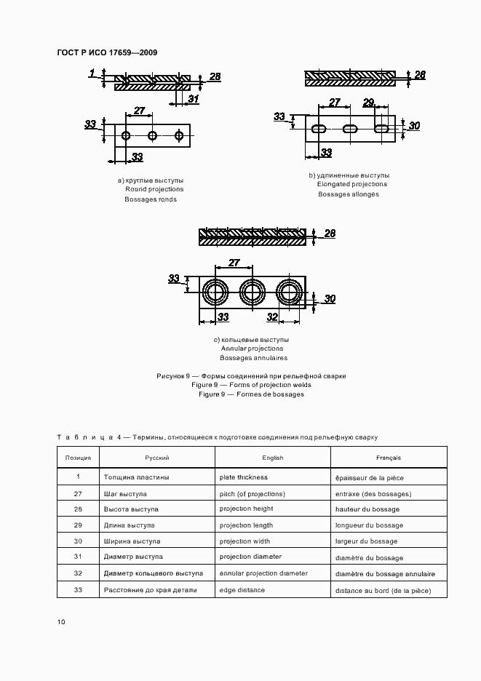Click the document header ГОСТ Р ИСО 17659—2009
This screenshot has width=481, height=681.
[x=107, y=53]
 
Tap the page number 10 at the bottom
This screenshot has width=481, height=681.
[x=61, y=621]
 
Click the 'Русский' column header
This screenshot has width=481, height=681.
[x=156, y=458]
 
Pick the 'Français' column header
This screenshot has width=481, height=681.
[x=388, y=458]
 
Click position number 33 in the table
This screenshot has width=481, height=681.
[x=78, y=590]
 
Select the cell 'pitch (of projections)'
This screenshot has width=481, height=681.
[x=252, y=493]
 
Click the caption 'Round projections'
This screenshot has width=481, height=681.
[x=154, y=189]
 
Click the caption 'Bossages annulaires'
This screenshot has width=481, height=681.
[x=253, y=358]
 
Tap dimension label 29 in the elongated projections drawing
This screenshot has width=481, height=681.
[x=368, y=103]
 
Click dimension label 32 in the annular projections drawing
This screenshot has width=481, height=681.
[x=272, y=316]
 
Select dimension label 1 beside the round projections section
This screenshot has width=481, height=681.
[x=92, y=72]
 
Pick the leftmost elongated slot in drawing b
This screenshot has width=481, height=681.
[x=319, y=129]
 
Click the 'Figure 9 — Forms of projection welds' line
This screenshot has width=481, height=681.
[x=251, y=385]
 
